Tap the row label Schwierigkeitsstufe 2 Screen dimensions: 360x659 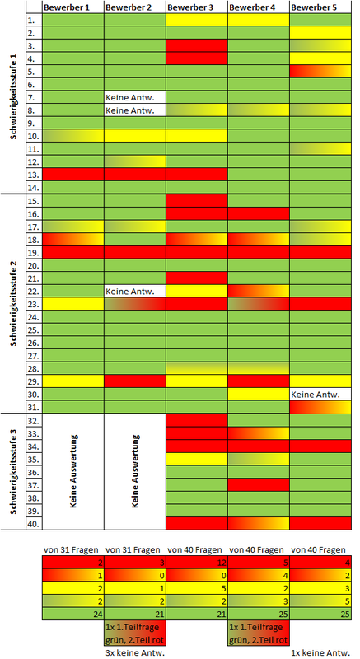click(13, 303)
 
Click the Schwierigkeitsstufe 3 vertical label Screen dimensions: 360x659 click(13, 471)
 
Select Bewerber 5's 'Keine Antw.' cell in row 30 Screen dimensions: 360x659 click(321, 395)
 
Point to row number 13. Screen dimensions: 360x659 click(34, 175)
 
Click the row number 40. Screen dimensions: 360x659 click(34, 524)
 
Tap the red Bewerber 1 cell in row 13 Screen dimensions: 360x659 click(73, 175)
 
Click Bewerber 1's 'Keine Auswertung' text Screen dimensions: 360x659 click(73, 471)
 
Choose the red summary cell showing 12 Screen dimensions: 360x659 click(197, 563)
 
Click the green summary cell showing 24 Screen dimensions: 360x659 click(73, 614)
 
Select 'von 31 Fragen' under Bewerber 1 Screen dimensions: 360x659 click(71, 549)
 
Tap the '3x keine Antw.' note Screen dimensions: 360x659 click(134, 652)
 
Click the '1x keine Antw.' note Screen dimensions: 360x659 click(320, 652)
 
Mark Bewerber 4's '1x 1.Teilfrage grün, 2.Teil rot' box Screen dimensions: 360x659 click(259, 633)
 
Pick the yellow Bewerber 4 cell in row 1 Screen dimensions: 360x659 click(259, 19)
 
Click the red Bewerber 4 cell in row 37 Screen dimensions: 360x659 click(259, 484)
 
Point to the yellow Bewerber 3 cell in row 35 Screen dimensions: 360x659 click(197, 459)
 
